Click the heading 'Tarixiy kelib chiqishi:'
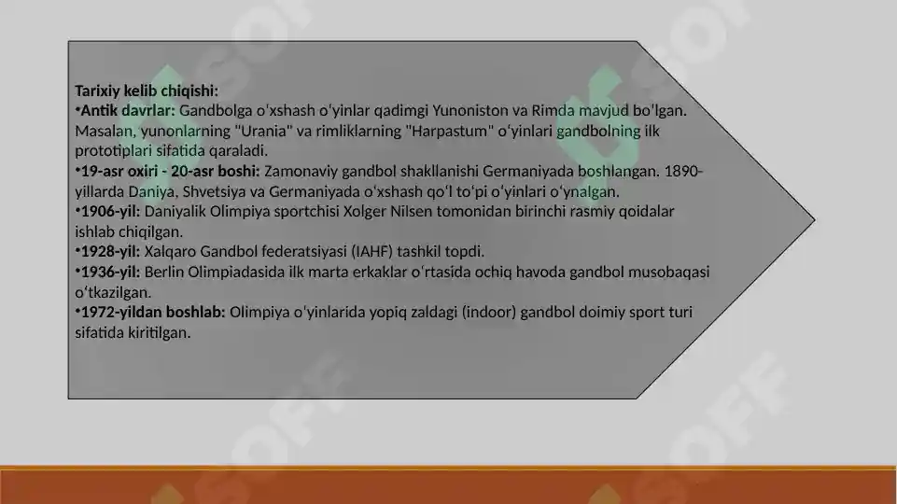(147, 91)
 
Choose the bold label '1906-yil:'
(110, 212)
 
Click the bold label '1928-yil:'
(110, 252)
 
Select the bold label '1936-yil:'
(110, 272)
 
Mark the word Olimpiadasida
(240, 272)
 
